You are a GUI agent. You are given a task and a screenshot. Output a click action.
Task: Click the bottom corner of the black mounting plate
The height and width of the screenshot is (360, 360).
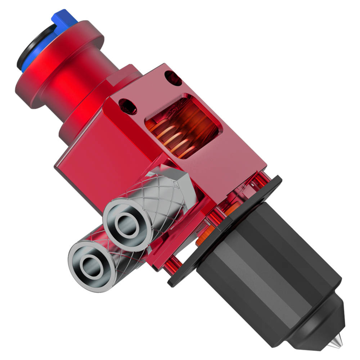(173, 281)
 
